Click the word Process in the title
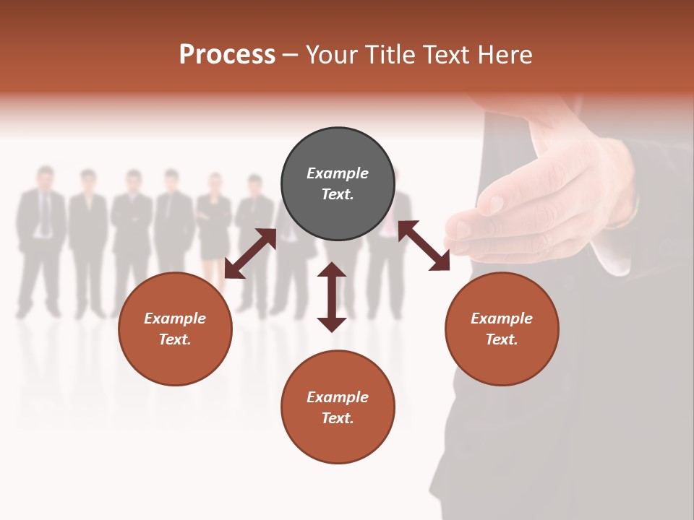(227, 54)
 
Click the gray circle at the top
(338, 184)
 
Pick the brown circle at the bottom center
(338, 407)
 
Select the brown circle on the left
(175, 329)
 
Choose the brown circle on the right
(502, 329)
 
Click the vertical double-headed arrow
(332, 297)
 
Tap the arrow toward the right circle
(424, 246)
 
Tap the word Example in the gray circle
(338, 173)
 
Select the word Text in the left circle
(175, 339)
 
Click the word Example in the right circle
(502, 318)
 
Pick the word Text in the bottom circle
(338, 418)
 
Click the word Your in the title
(332, 55)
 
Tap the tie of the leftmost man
(46, 213)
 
